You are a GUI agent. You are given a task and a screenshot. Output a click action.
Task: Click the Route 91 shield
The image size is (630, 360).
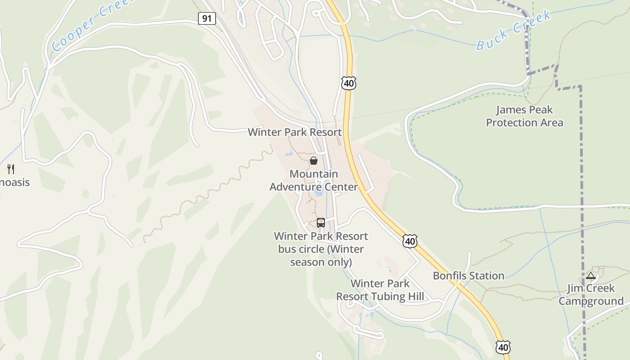click(207, 18)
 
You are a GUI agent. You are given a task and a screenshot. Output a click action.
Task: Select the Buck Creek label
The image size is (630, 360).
click(513, 31)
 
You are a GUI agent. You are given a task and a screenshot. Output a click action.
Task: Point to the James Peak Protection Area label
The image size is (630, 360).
click(524, 116)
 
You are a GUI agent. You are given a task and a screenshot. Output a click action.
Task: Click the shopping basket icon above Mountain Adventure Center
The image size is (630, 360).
click(314, 160)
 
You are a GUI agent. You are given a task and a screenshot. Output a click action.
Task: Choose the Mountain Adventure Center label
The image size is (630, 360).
click(314, 180)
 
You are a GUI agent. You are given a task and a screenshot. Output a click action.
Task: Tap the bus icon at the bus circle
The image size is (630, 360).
click(321, 222)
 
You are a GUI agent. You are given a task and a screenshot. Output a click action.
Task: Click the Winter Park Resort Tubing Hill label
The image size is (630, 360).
click(380, 290)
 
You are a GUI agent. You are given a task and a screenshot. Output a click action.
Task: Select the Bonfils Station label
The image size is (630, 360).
click(468, 276)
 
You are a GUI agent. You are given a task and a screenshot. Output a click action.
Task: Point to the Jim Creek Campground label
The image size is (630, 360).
click(591, 295)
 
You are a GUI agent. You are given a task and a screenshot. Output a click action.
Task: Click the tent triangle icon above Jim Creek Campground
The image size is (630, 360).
click(591, 275)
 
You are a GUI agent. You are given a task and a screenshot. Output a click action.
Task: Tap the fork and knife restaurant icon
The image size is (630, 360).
click(11, 169)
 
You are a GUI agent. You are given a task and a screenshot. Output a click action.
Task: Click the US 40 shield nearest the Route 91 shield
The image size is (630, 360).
click(349, 83)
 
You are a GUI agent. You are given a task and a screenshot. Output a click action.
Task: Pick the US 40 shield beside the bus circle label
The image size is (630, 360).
click(409, 241)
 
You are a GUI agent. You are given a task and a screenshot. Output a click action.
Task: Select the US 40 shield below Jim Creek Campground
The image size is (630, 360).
click(503, 347)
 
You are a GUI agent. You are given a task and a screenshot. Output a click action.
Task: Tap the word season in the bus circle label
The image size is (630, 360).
click(306, 262)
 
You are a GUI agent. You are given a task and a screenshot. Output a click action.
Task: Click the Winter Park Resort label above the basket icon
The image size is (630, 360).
click(295, 132)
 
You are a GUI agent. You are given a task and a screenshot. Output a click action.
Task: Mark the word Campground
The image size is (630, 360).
click(591, 301)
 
